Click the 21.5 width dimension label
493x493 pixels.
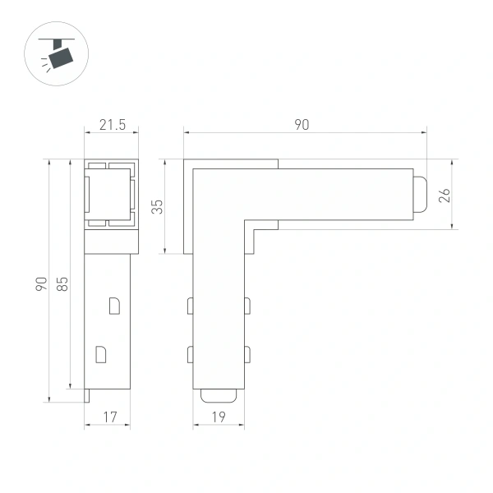pos(112,125)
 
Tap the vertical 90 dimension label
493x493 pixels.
pos(41,283)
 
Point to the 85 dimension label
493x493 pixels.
pos(62,283)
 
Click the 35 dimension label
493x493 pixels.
pos(158,206)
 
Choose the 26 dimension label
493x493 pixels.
pos(445,195)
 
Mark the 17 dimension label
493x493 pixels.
pos(108,417)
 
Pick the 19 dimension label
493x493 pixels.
pos(219,417)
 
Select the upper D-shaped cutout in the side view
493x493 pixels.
pos(114,305)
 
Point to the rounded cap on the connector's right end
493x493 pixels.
pos(419,195)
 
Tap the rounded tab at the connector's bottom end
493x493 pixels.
pos(219,394)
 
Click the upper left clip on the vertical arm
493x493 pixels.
pos(190,306)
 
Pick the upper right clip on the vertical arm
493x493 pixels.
pos(247,306)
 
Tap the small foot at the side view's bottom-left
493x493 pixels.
pos(87,397)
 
